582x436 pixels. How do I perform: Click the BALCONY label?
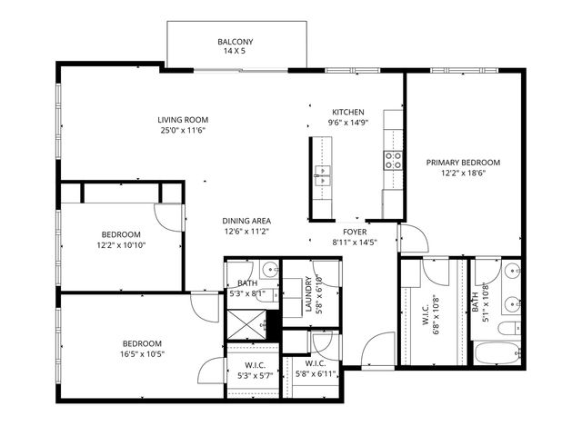(x=235, y=42)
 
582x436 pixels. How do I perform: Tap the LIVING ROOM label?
(x=184, y=119)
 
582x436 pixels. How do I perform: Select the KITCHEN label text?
(x=347, y=111)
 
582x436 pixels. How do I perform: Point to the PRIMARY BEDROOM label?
(x=463, y=163)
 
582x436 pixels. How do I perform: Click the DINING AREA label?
(x=246, y=221)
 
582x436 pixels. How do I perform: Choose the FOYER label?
(x=354, y=232)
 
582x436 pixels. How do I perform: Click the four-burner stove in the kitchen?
(x=394, y=161)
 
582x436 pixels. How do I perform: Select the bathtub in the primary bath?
(x=495, y=354)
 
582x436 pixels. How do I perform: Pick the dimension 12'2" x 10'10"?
(x=120, y=244)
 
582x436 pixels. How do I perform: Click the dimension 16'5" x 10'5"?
(x=143, y=353)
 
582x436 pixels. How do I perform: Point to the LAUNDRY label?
(x=309, y=293)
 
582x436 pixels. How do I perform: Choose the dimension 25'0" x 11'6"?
(x=184, y=130)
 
